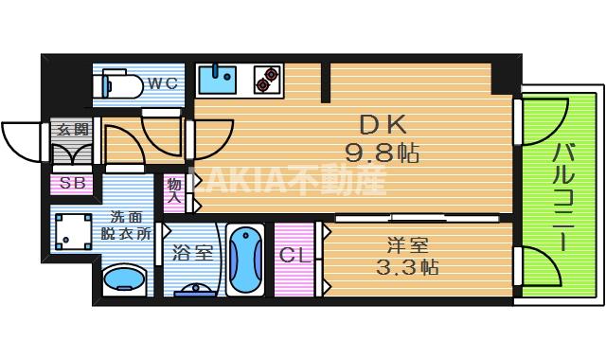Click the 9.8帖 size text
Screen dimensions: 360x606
click(383, 152)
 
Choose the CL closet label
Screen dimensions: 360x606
click(294, 257)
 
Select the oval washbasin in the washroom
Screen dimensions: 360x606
click(122, 280)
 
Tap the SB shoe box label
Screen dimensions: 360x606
click(71, 184)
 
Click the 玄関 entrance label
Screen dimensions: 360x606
click(71, 129)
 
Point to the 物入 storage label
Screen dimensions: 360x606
click(175, 190)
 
